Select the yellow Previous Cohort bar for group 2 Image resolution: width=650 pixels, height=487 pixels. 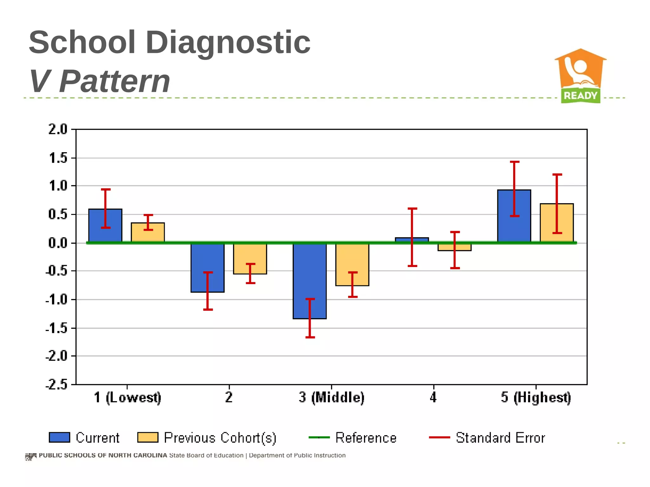pos(250,258)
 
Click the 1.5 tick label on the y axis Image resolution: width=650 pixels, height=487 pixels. pos(58,158)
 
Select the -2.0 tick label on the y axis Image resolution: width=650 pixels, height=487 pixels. pos(56,356)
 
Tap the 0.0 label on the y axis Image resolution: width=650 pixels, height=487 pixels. pos(58,243)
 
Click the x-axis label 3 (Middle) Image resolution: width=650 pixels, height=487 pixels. pos(331,397)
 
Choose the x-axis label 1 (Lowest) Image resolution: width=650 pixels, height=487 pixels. pos(128,397)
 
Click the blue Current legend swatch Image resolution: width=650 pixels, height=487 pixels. pos(59,437)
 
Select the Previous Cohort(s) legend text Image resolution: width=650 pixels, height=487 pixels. pos(220,438)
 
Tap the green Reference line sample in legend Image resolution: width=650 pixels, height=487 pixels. pos(319,438)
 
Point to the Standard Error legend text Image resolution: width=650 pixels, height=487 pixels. pos(500,438)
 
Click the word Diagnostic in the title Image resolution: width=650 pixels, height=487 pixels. pos(228,42)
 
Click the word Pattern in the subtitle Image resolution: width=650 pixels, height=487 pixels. pos(115,81)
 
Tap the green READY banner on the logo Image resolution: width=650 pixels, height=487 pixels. pos(580,95)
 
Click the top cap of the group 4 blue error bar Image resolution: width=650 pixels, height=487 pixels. pos(412,209)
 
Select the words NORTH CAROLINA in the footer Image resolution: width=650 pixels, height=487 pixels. pos(137,455)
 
